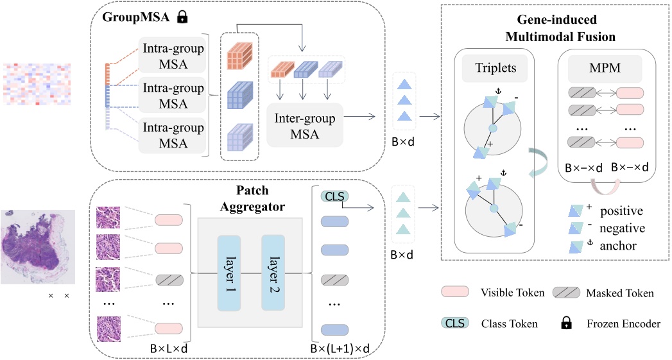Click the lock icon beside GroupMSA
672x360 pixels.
click(x=182, y=19)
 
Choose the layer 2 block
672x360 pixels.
click(x=273, y=271)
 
